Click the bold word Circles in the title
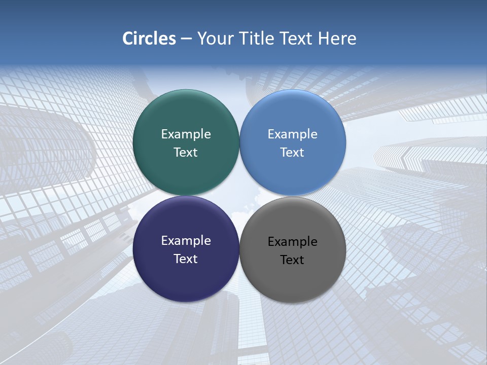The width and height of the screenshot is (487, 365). point(149,39)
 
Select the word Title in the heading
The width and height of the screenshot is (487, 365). point(257,39)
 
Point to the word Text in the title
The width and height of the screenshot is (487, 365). point(297,39)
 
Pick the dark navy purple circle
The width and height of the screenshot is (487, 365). point(186,279)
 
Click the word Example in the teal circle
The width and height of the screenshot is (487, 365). point(186,134)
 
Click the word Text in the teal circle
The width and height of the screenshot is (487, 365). point(186,153)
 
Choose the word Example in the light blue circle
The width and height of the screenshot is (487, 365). point(293,134)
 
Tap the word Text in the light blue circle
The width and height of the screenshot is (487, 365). point(293,153)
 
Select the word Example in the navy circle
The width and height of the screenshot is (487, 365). point(186,241)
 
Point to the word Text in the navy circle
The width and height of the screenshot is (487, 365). point(186,259)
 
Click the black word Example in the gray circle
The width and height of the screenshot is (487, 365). point(293,242)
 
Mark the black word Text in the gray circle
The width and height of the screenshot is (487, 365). point(293,260)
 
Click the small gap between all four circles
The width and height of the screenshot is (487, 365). point(239,196)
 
